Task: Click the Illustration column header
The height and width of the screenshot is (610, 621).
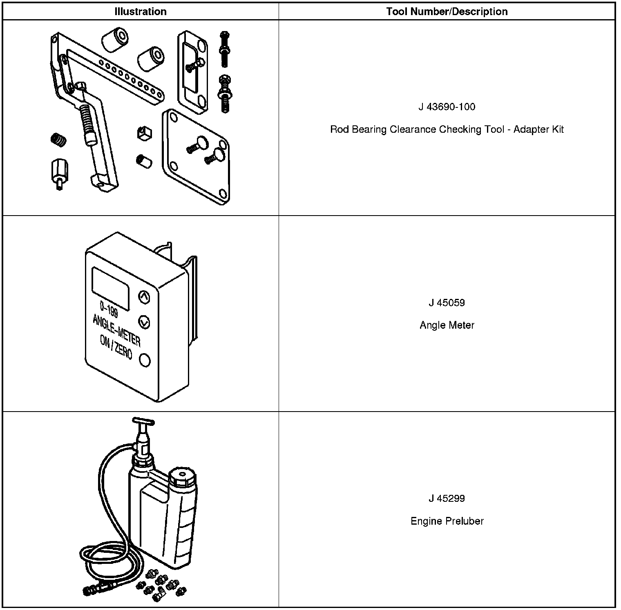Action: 141,11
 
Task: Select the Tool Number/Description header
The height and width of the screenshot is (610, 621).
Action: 447,11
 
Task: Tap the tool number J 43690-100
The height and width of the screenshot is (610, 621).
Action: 447,107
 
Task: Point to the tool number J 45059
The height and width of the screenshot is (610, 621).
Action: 447,303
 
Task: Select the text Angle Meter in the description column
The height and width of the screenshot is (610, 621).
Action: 447,325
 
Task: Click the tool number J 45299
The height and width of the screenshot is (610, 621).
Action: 447,498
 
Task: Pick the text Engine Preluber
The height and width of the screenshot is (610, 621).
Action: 447,521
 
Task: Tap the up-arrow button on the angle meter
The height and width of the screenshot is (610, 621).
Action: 144,297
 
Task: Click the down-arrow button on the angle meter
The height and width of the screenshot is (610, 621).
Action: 144,322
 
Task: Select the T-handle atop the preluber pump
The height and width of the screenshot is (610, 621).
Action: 143,422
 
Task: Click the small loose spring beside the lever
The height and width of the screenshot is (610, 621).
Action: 58,140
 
